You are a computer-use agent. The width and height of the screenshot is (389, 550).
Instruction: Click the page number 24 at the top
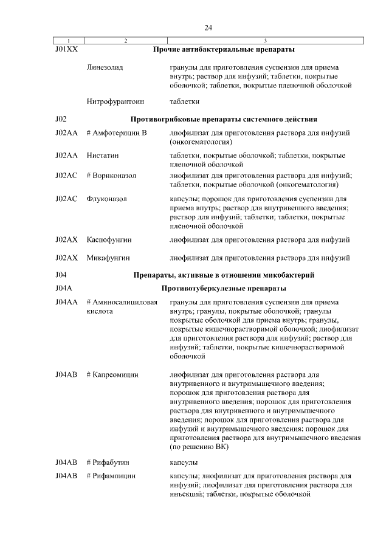(208, 27)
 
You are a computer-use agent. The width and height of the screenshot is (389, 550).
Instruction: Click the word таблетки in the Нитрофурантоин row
(185, 101)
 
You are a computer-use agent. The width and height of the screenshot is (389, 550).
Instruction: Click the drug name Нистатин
(104, 156)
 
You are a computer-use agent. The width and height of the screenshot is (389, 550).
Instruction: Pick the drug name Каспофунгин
(109, 240)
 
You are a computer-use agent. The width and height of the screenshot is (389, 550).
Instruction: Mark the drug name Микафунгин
(108, 258)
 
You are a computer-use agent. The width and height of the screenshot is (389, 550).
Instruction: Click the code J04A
(63, 288)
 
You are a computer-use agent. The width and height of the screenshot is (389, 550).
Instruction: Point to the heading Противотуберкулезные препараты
(224, 288)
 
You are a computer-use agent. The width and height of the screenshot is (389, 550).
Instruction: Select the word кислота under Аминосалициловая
(100, 311)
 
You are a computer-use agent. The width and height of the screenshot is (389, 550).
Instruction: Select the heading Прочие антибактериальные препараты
(224, 48)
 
